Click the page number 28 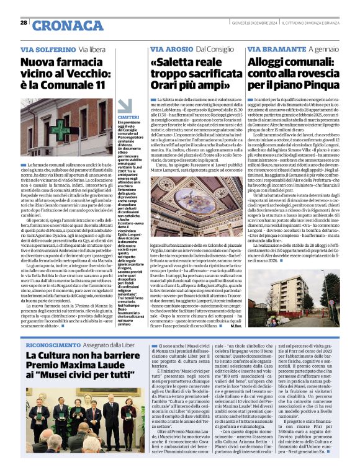pos(24,22)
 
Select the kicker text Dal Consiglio pos(218,49)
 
